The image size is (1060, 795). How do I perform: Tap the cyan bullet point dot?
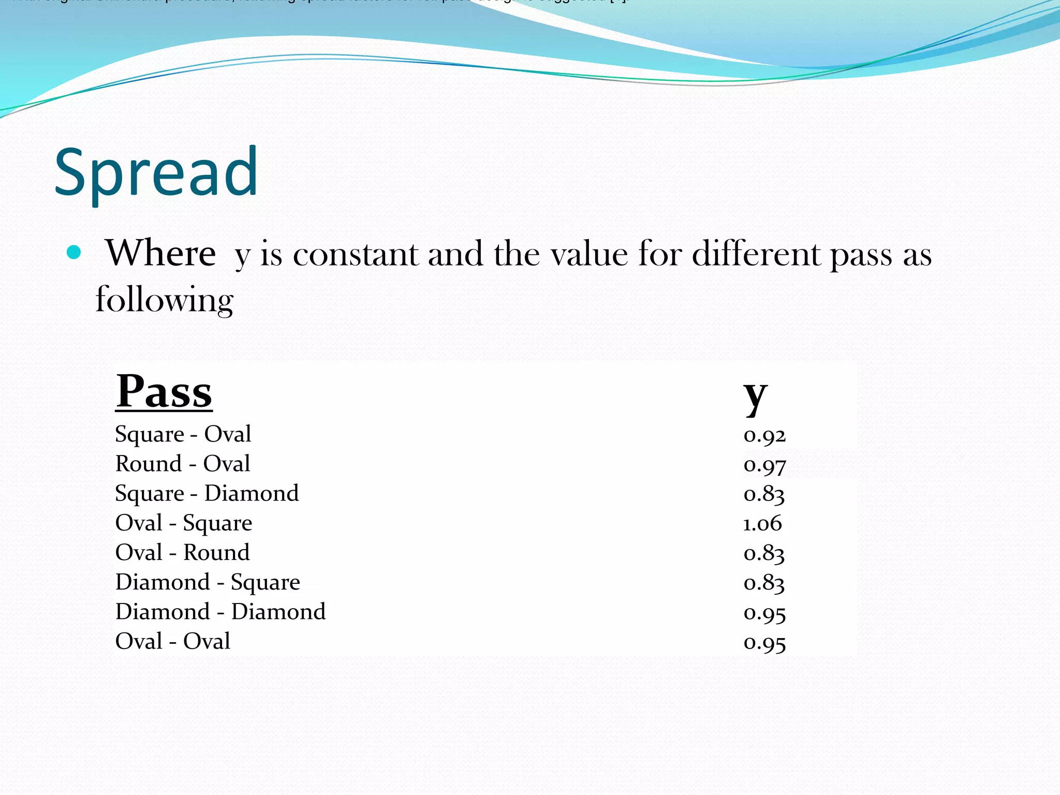click(x=75, y=253)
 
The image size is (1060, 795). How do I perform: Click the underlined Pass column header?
click(x=164, y=392)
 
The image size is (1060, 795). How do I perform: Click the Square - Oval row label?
click(x=183, y=434)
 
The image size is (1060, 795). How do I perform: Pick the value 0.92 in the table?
click(x=764, y=435)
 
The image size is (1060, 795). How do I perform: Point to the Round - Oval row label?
click(x=183, y=464)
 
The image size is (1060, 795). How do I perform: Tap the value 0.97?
click(x=764, y=465)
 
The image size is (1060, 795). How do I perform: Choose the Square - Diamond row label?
click(x=207, y=493)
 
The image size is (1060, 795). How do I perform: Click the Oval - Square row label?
click(x=184, y=523)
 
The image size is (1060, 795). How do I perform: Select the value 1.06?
click(x=762, y=523)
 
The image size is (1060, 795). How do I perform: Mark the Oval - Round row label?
click(x=182, y=552)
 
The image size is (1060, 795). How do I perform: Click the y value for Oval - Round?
click(x=764, y=553)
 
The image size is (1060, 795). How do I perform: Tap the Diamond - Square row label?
click(x=208, y=582)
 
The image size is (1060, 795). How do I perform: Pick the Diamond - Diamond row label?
click(x=220, y=612)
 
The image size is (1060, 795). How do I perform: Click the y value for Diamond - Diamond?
click(x=764, y=613)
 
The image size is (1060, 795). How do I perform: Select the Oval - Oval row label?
click(x=173, y=641)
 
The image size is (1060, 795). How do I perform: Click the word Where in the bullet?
click(x=161, y=254)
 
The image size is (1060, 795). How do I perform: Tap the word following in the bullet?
click(x=165, y=300)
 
